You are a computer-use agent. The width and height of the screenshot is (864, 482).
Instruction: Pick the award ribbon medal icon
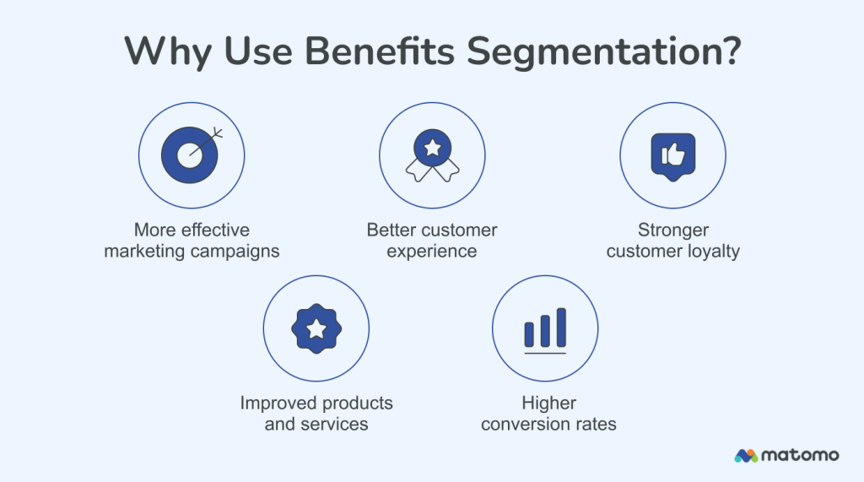(432, 156)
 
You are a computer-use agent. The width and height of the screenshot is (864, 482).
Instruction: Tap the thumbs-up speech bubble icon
(672, 155)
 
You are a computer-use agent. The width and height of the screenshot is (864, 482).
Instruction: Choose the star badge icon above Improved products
(316, 328)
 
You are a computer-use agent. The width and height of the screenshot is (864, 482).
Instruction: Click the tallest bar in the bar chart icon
(561, 327)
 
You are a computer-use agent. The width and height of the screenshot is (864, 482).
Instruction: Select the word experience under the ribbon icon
(432, 251)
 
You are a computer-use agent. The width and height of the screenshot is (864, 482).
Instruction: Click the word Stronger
(673, 230)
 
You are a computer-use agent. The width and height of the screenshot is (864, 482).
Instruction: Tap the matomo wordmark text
(801, 455)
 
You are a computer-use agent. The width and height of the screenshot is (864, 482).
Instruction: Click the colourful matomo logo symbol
(746, 456)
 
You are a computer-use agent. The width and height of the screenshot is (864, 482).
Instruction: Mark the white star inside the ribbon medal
(432, 148)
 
